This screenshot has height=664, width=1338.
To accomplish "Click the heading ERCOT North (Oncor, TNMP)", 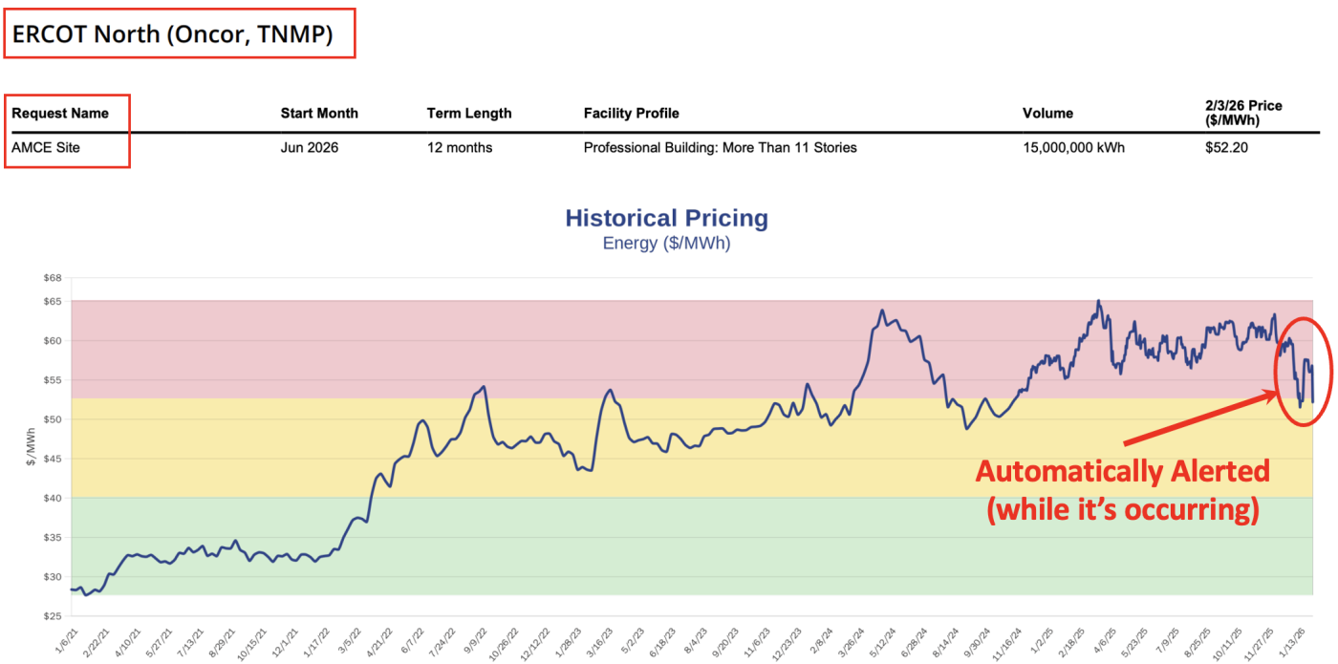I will click(x=172, y=34).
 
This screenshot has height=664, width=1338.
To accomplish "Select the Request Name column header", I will click(x=60, y=113).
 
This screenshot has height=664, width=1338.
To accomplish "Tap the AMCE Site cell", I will click(x=46, y=147).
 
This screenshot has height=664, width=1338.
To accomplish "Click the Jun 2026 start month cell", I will click(x=309, y=147).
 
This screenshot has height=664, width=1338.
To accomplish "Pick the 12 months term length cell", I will click(x=460, y=147).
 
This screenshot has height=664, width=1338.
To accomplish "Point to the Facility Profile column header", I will click(x=631, y=113).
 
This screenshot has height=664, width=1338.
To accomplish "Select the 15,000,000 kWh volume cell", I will click(x=1073, y=147).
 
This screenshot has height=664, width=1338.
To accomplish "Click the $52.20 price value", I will click(x=1226, y=147).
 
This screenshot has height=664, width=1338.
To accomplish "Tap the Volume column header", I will click(x=1047, y=113).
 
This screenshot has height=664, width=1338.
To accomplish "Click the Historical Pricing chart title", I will click(x=666, y=218).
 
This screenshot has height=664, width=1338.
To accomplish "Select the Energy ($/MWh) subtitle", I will click(x=666, y=243).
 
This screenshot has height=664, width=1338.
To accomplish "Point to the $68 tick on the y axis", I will click(x=52, y=278).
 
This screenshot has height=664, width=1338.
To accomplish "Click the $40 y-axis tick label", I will click(x=52, y=498).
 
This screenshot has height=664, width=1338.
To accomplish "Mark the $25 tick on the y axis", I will click(x=52, y=616).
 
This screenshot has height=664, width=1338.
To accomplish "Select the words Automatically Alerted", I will click(x=1122, y=471).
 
